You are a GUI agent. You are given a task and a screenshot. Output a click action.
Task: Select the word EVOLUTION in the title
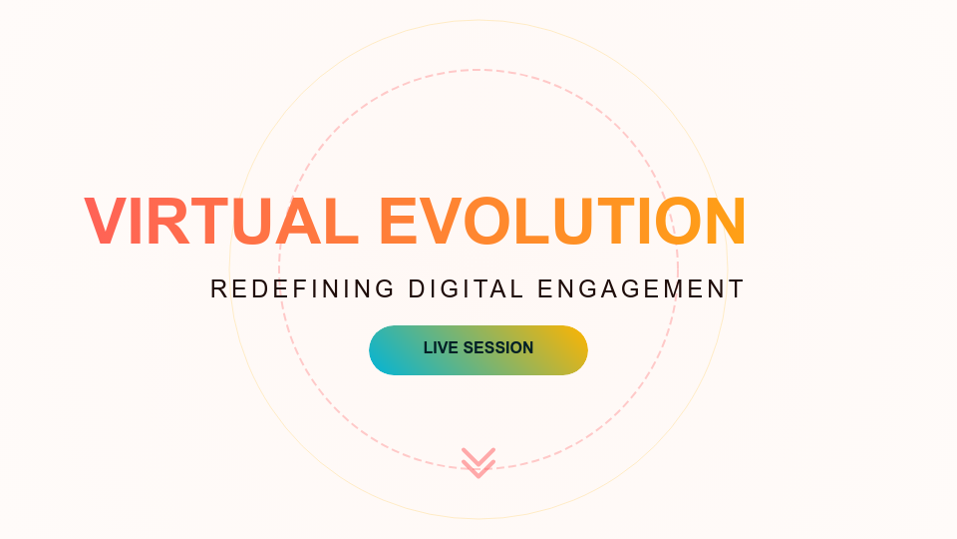pyautogui.click(x=562, y=222)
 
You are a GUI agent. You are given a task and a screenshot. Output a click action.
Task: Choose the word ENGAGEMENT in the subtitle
pyautogui.click(x=641, y=289)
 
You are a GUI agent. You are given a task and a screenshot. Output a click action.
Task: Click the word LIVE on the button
pyautogui.click(x=440, y=348)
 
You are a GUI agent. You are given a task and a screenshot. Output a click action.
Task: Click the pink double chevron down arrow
pyautogui.click(x=478, y=462)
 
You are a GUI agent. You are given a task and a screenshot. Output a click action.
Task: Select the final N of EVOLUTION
pyautogui.click(x=722, y=222)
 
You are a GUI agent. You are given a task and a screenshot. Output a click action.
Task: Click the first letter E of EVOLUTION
pyautogui.click(x=400, y=222)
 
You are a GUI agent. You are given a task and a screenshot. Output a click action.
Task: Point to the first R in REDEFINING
pyautogui.click(x=219, y=289)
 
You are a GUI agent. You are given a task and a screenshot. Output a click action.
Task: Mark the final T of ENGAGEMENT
pyautogui.click(x=737, y=289)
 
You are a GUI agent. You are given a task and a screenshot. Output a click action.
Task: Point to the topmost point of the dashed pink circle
pyautogui.click(x=478, y=70)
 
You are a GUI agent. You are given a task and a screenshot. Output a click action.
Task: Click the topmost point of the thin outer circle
pyautogui.click(x=478, y=20)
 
